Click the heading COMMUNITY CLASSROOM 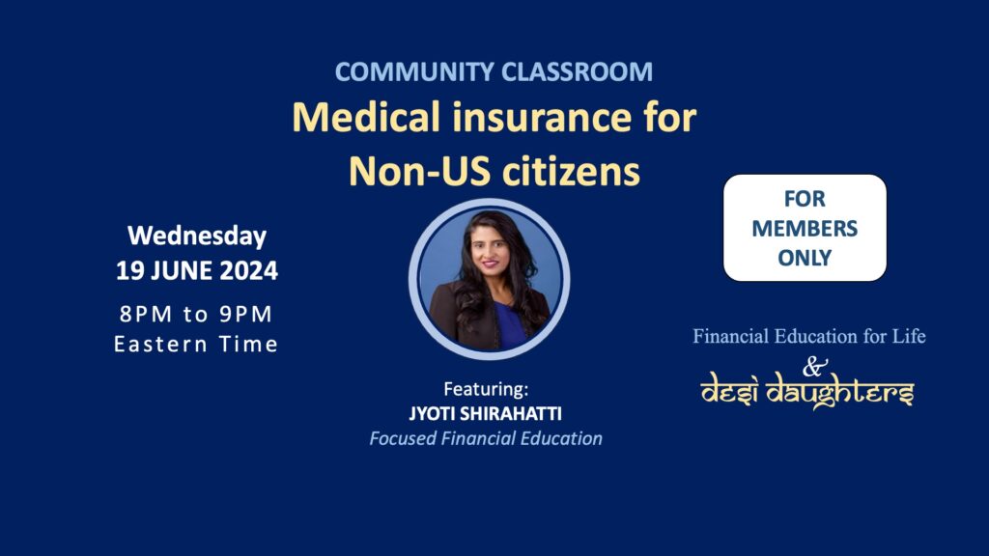494,71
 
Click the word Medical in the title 366,117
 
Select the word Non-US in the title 419,171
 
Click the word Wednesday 197,236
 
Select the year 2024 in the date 248,270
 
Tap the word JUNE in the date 182,270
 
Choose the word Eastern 161,345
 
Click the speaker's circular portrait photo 490,279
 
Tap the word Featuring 486,389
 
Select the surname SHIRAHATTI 511,413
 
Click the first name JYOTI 432,413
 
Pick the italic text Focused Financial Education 486,438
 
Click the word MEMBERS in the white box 805,228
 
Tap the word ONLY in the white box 805,258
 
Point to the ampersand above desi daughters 814,366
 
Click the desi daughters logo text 806,391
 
